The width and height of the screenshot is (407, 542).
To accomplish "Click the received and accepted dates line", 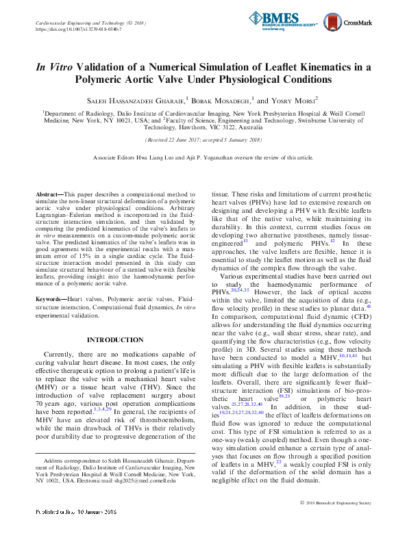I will (203, 140).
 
